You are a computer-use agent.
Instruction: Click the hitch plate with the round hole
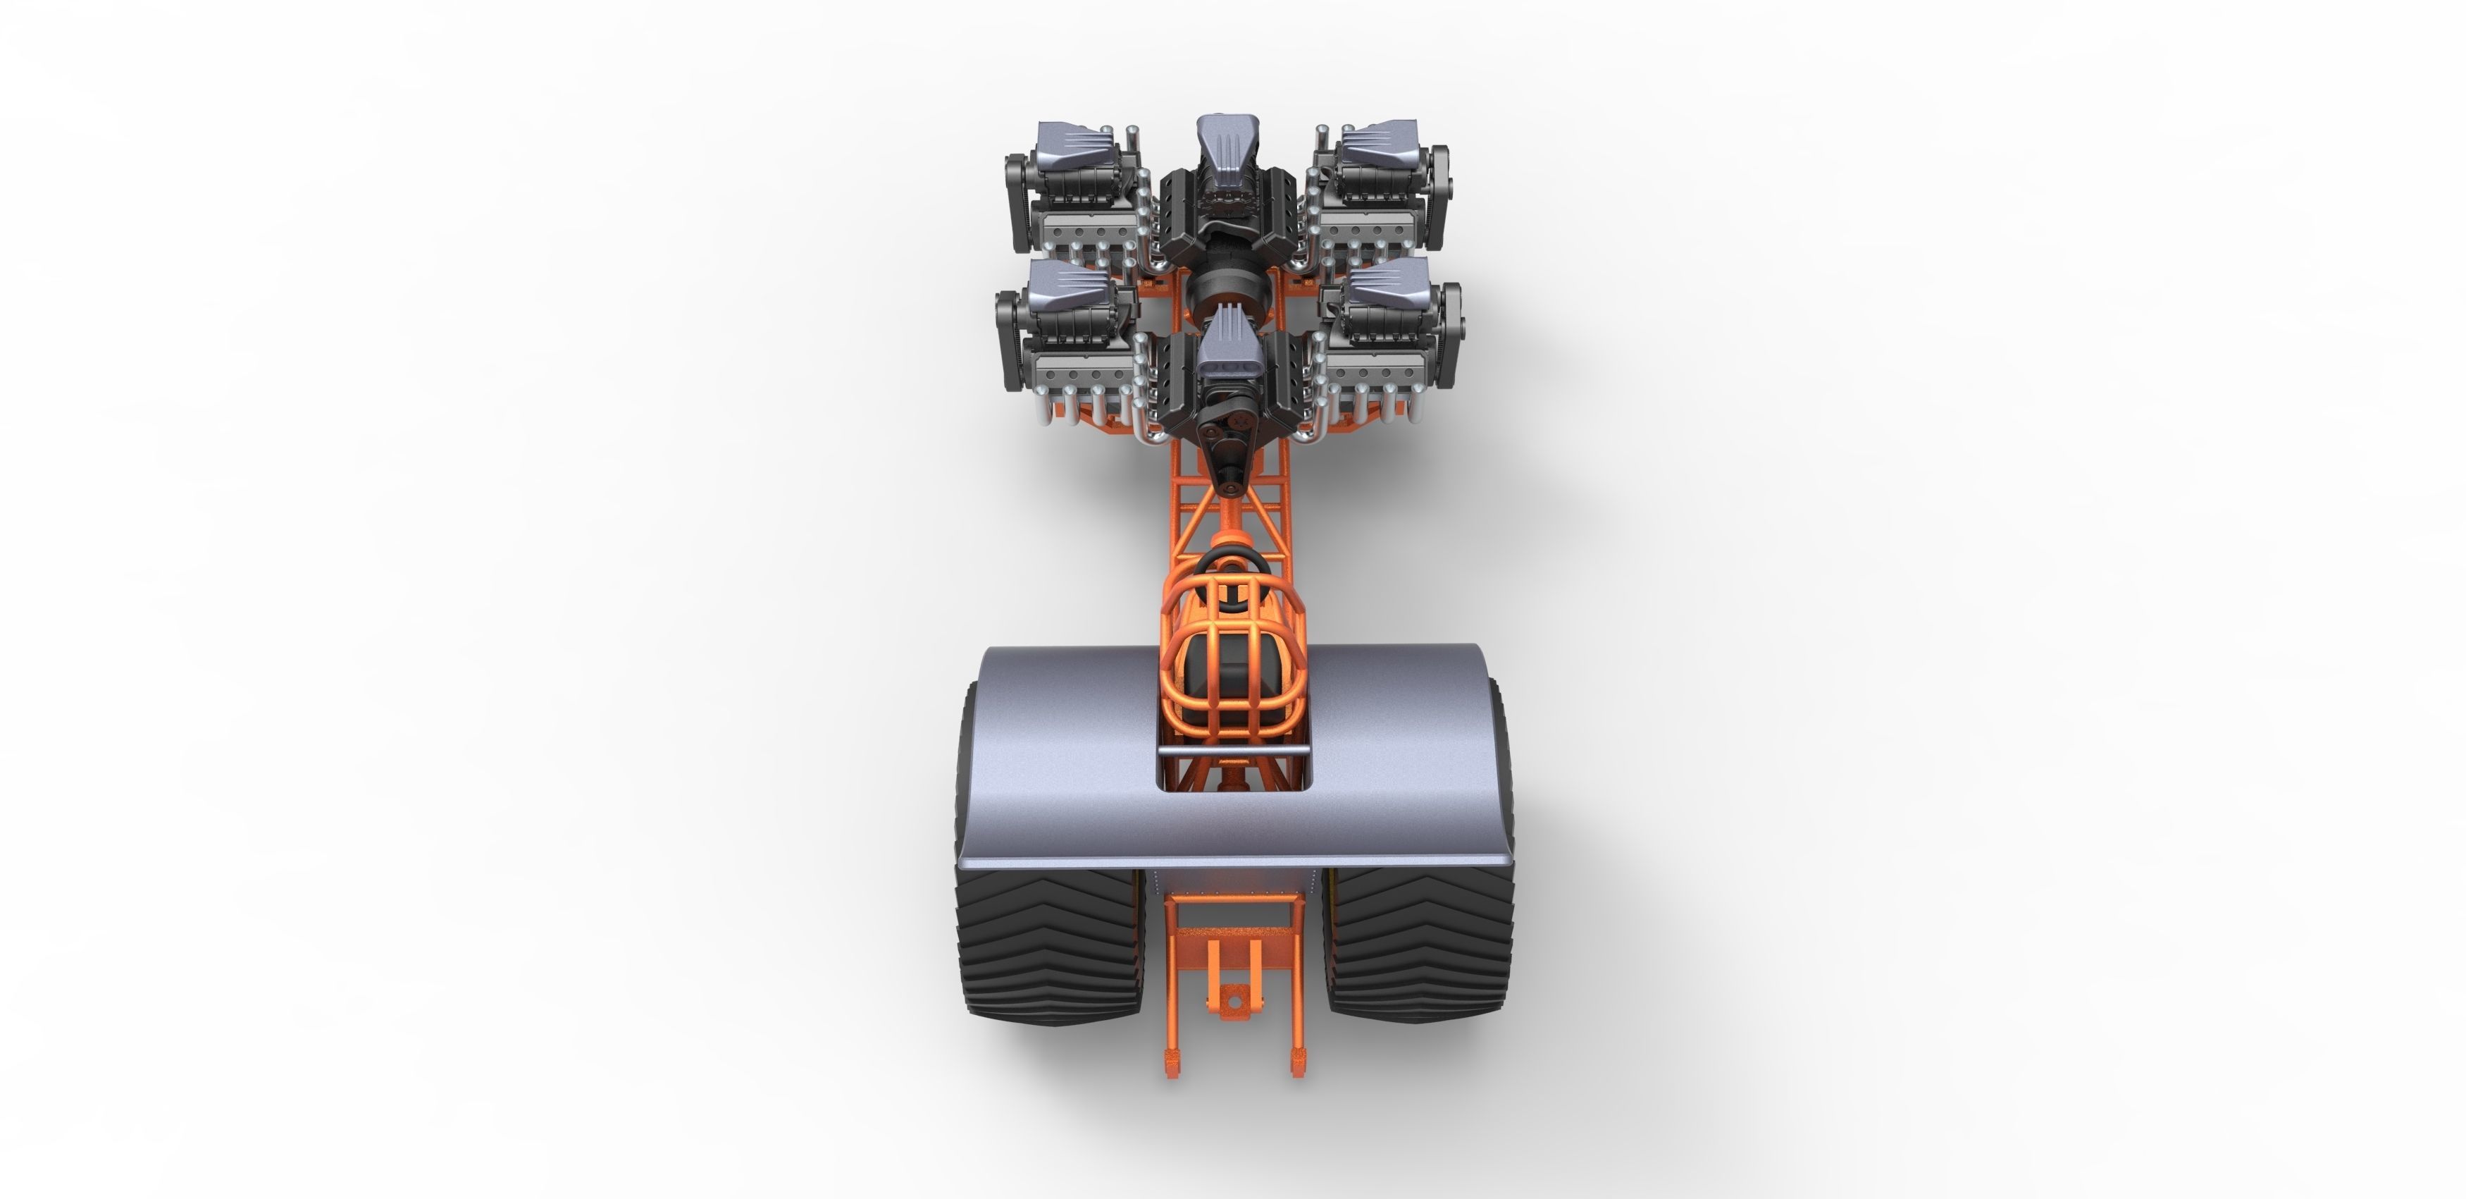click(1233, 999)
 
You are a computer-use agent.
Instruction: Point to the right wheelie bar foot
click(1299, 1060)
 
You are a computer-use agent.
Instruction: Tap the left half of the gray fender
click(1062, 756)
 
